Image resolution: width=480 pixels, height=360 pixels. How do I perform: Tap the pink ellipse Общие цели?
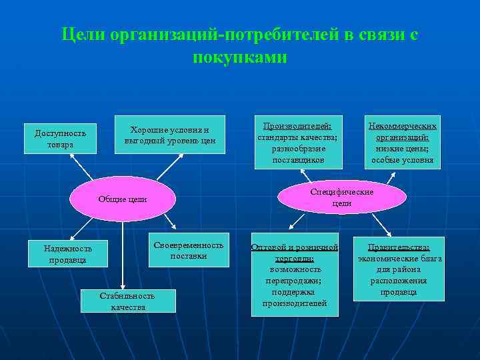pyautogui.click(x=123, y=199)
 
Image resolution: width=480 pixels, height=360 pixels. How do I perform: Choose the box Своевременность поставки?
pyautogui.click(x=189, y=250)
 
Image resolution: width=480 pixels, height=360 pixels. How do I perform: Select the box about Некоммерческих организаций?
pyautogui.click(x=402, y=142)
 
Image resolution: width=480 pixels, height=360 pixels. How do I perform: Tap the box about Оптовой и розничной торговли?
pyautogui.click(x=295, y=274)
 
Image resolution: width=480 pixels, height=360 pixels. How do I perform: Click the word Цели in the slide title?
pyautogui.click(x=83, y=35)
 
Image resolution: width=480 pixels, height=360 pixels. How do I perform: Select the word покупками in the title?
pyautogui.click(x=240, y=57)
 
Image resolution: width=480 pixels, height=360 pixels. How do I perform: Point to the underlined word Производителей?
pyautogui.click(x=298, y=125)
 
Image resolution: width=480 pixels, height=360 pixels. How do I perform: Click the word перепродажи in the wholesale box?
pyautogui.click(x=295, y=280)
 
